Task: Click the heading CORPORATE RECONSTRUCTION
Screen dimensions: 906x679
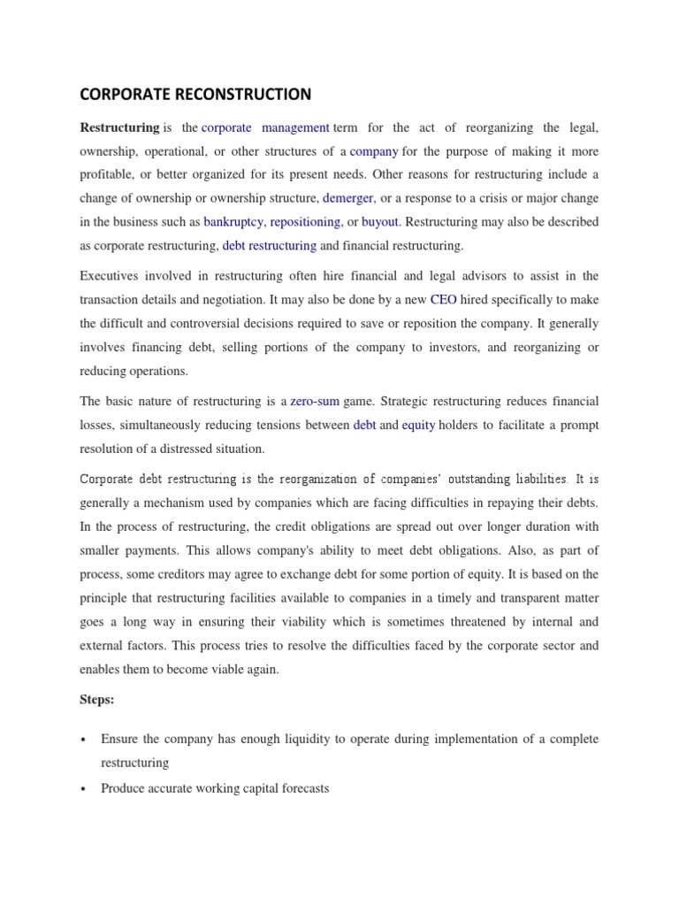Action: pos(195,93)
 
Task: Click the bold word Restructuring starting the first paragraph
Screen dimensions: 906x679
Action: pos(120,128)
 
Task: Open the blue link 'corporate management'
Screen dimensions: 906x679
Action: pos(265,128)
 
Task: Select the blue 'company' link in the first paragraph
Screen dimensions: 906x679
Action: pos(374,151)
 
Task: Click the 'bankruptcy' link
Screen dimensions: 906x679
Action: pos(233,221)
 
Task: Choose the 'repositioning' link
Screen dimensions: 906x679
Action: pos(305,221)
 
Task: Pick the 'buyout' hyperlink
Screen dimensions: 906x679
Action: pos(380,221)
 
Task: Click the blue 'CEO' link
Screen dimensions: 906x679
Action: pos(443,300)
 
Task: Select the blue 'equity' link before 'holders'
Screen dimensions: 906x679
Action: pos(418,425)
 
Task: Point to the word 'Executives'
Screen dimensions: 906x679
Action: pos(112,277)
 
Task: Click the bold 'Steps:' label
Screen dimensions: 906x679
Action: pos(98,698)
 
